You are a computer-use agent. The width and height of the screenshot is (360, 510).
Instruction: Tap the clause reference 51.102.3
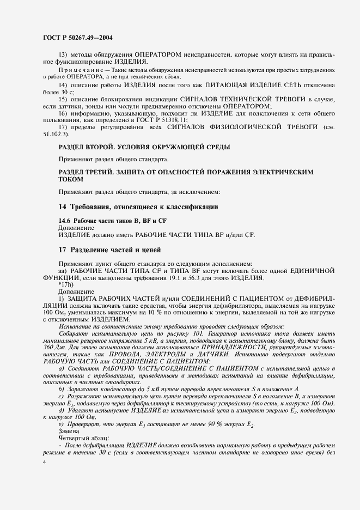click(56, 133)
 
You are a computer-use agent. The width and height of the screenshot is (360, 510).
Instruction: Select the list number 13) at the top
click(63, 54)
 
